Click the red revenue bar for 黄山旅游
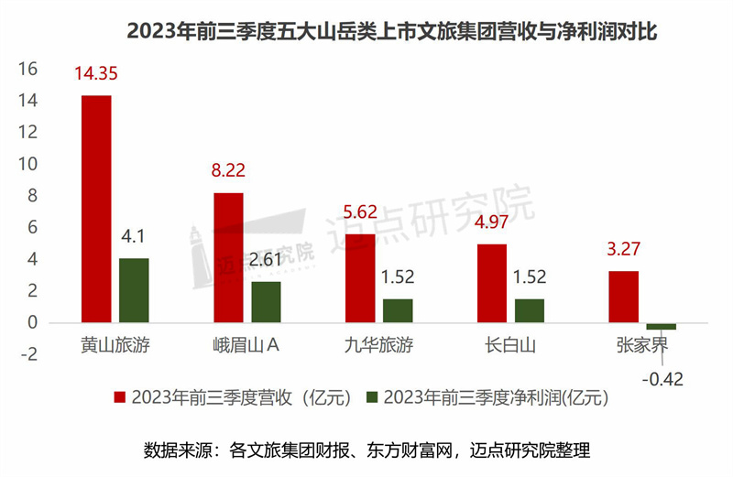pyautogui.click(x=96, y=209)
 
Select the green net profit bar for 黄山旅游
pyautogui.click(x=134, y=290)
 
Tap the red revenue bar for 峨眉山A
pyautogui.click(x=228, y=257)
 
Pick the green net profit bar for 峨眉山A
pyautogui.click(x=266, y=302)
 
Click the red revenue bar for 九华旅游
pyautogui.click(x=360, y=278)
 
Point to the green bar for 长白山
pyautogui.click(x=530, y=310)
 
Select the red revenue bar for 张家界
pyautogui.click(x=624, y=297)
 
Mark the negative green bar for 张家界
pyautogui.click(x=661, y=326)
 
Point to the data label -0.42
pyautogui.click(x=662, y=377)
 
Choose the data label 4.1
pyautogui.click(x=135, y=236)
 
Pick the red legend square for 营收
pyautogui.click(x=119, y=398)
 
